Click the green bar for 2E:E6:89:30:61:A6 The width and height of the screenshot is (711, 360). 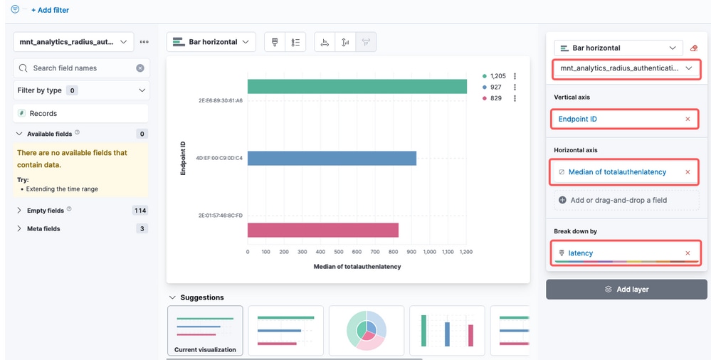click(357, 87)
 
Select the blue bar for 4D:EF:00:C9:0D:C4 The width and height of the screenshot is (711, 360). click(332, 158)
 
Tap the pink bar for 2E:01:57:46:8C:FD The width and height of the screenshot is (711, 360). click(323, 230)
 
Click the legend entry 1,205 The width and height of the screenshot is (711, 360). click(494, 76)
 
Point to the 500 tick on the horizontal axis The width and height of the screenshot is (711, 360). click(339, 252)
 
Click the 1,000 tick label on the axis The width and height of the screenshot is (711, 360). click(429, 252)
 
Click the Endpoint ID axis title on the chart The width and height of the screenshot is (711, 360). click(183, 158)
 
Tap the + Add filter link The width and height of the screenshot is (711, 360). click(50, 10)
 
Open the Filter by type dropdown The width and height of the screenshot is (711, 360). click(82, 90)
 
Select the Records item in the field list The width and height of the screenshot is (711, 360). click(43, 113)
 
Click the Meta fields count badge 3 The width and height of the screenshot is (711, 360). click(142, 228)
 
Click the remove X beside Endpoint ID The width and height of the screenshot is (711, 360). click(688, 120)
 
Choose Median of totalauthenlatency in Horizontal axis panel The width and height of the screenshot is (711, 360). click(617, 172)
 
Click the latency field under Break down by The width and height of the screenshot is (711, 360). click(581, 253)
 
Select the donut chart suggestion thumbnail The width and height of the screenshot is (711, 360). click(367, 330)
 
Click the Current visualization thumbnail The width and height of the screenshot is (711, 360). click(205, 330)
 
